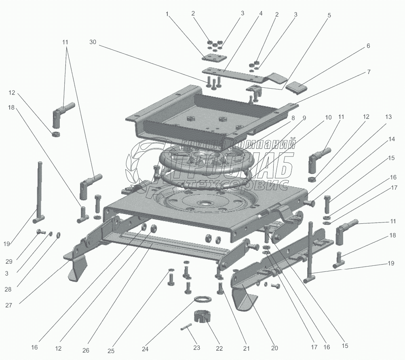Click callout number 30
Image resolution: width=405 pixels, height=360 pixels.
93,42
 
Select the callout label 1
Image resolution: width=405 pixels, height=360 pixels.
167,14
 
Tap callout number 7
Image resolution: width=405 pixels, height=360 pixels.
369,72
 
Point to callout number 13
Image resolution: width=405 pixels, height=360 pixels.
388,117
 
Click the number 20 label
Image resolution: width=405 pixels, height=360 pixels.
274,348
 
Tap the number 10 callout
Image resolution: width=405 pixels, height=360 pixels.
328,117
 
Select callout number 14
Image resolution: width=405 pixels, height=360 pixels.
391,139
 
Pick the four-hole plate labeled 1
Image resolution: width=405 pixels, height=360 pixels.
214,58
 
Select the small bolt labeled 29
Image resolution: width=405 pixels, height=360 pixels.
40,231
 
